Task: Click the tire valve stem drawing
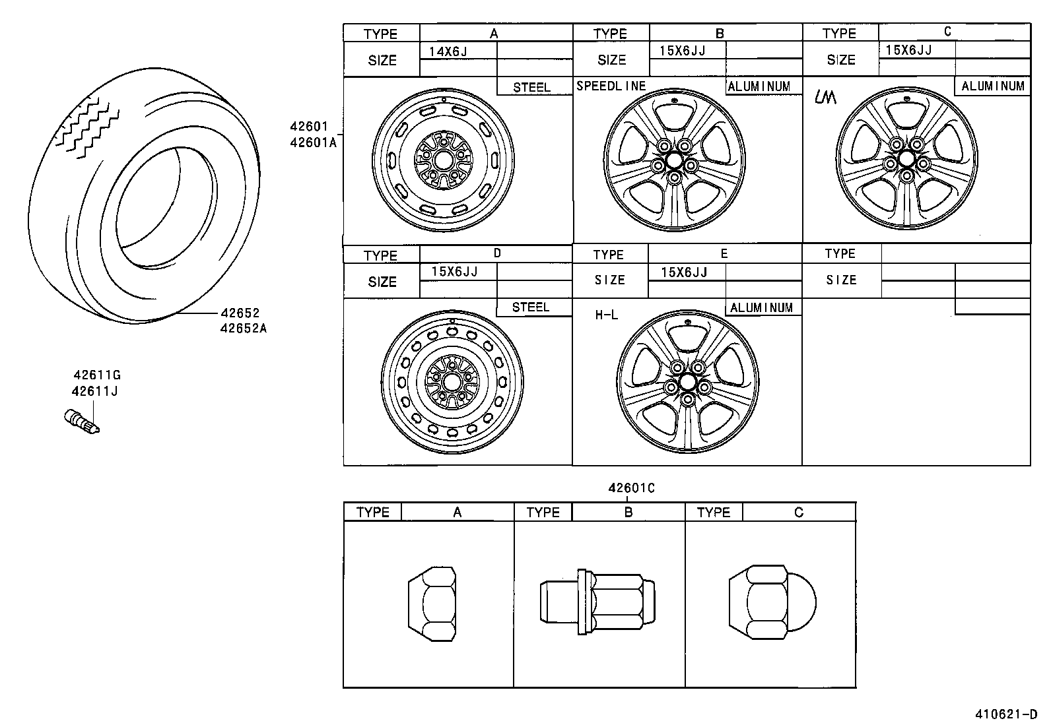pyautogui.click(x=81, y=422)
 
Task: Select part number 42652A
pyautogui.click(x=244, y=328)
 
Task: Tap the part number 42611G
pyautogui.click(x=96, y=375)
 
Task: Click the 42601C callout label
pyautogui.click(x=631, y=488)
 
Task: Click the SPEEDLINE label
pyautogui.click(x=611, y=86)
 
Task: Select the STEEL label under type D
pyautogui.click(x=531, y=307)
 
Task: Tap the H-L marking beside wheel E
pyautogui.click(x=606, y=315)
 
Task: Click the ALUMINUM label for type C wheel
pyautogui.click(x=992, y=86)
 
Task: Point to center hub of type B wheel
pyautogui.click(x=674, y=160)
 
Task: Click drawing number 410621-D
pyautogui.click(x=1006, y=714)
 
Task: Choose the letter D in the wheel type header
pyautogui.click(x=497, y=253)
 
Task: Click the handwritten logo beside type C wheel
pyautogui.click(x=825, y=97)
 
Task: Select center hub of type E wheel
pyautogui.click(x=687, y=383)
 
